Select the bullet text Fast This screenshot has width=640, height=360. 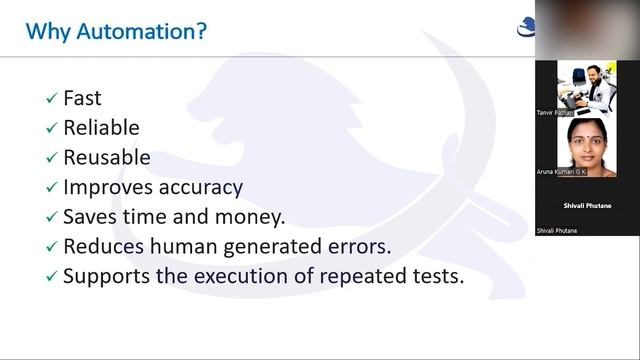pos(82,99)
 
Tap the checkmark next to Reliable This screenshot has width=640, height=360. pos(51,129)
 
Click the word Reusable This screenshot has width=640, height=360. pos(107,158)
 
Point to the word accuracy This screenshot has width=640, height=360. pos(204,188)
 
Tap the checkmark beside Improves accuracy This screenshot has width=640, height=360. pos(51,188)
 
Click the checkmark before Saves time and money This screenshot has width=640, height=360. pos(51,218)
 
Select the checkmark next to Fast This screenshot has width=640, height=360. pos(51,100)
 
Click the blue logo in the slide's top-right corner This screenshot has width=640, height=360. pos(526,28)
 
